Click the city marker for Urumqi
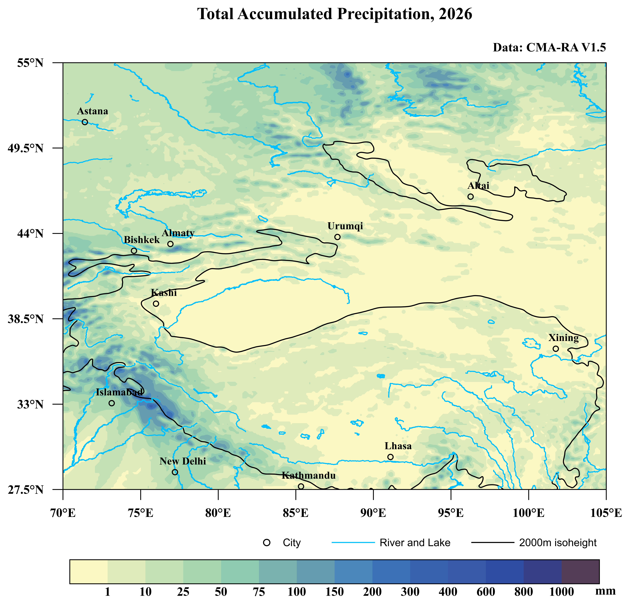tap(337, 237)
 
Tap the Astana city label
tap(93, 111)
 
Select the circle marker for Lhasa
tap(390, 457)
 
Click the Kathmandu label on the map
tap(309, 476)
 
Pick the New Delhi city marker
tap(175, 472)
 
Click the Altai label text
tap(478, 186)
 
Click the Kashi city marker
tap(156, 304)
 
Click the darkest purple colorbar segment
tap(580, 571)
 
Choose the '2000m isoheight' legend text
tap(558, 543)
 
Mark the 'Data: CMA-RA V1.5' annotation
tap(549, 48)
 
